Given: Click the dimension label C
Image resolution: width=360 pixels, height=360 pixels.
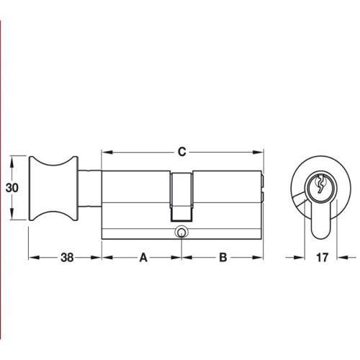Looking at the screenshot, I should point(182,152).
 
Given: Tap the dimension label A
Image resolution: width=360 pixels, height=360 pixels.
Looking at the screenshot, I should point(143,257).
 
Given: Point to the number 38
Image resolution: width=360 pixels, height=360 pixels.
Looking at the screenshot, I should point(66,257).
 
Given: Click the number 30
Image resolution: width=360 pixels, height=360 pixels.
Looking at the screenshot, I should point(12,187).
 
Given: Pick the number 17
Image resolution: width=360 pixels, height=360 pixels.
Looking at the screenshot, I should point(322,257).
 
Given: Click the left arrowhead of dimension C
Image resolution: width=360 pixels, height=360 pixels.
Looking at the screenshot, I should point(105,152).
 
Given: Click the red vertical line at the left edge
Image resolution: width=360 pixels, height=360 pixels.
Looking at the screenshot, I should point(1,180).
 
